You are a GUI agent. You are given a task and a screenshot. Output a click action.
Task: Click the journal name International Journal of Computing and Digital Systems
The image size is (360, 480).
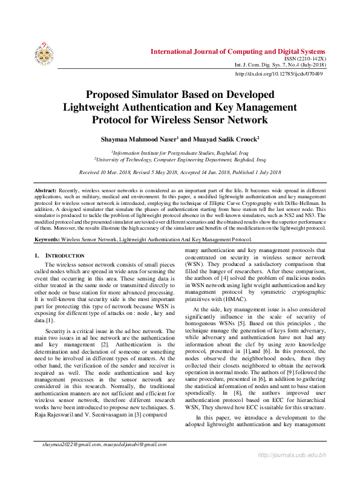pos(237,51)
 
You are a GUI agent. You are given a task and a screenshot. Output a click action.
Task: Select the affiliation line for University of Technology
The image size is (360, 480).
pos(180,160)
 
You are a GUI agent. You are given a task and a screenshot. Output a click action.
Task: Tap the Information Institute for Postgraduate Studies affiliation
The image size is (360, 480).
pos(180,154)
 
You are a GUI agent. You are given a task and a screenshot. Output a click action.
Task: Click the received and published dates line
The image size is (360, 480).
pos(180,172)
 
